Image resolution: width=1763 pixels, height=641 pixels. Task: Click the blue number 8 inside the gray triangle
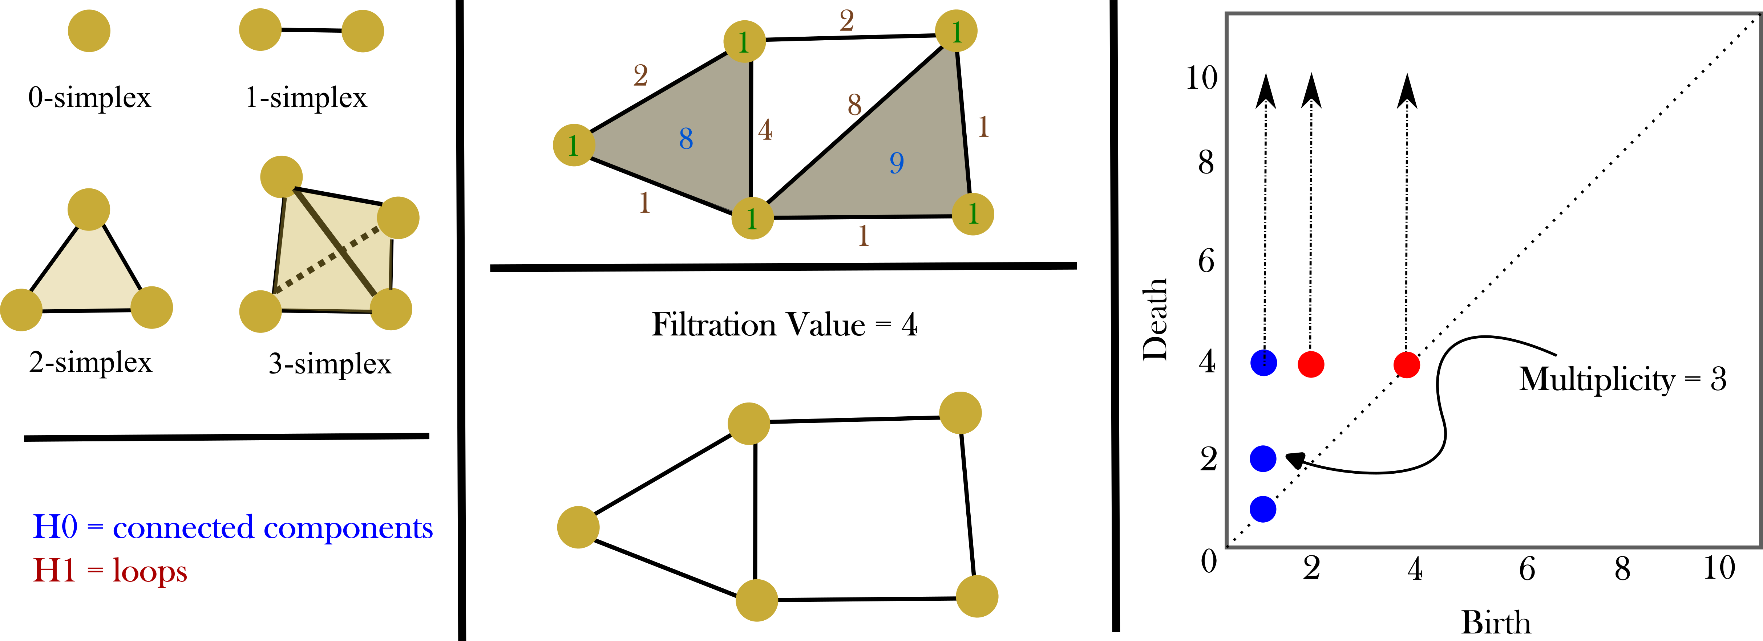(x=686, y=139)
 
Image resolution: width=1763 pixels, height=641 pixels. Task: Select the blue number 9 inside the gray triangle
(x=897, y=163)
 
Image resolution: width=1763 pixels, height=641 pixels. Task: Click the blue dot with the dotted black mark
(x=1263, y=363)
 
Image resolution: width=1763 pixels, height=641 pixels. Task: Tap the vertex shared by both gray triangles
(x=752, y=218)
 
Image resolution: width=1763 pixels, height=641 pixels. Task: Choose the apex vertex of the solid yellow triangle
(x=89, y=209)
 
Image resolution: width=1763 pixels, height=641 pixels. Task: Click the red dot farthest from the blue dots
(x=1406, y=365)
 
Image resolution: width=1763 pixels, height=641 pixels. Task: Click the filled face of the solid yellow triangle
(x=85, y=274)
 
